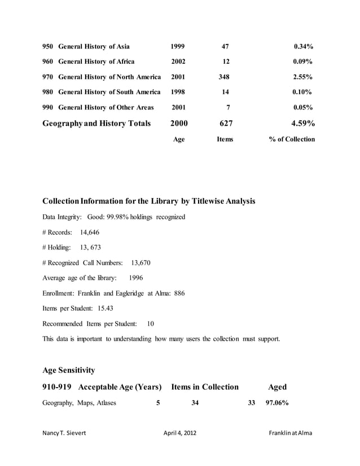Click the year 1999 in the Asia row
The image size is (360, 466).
tap(178, 46)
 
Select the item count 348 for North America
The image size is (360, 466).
tap(225, 77)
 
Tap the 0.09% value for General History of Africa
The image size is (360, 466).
tap(303, 61)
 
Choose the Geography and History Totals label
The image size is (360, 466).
tap(96, 123)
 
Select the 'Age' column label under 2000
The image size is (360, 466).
tap(178, 139)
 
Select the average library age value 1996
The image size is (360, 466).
tap(136, 278)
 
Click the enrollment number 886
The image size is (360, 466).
tap(179, 293)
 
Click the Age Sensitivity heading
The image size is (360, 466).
tap(68, 370)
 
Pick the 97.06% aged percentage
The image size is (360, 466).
tap(278, 403)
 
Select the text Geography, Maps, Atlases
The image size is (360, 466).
tap(80, 403)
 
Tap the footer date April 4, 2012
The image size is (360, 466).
tap(180, 433)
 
